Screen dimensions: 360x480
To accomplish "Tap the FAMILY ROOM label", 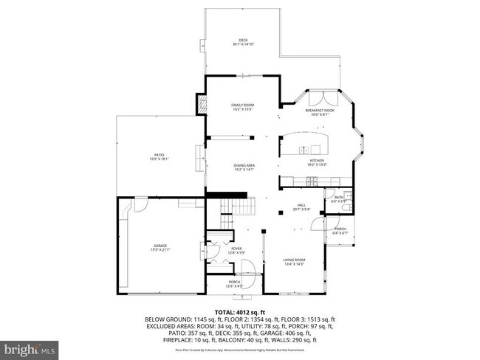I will point(243,105).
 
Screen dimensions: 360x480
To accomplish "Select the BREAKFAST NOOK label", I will point(320,111).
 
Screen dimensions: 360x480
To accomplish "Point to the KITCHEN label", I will point(317,160).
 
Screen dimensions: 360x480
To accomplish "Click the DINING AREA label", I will point(244,165).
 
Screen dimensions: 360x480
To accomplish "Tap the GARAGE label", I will point(160,245).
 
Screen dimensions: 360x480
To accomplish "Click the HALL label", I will point(301,206).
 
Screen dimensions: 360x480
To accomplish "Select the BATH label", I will point(339,197).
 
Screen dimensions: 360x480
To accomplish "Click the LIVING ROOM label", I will point(295,260).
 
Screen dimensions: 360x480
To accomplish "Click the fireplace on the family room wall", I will point(200,105).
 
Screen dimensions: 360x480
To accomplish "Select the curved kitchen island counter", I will point(304,139).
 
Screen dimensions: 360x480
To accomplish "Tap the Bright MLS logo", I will point(30,346).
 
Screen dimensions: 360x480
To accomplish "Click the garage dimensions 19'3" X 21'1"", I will point(160,249).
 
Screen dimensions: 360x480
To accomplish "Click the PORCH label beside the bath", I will point(340,229).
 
